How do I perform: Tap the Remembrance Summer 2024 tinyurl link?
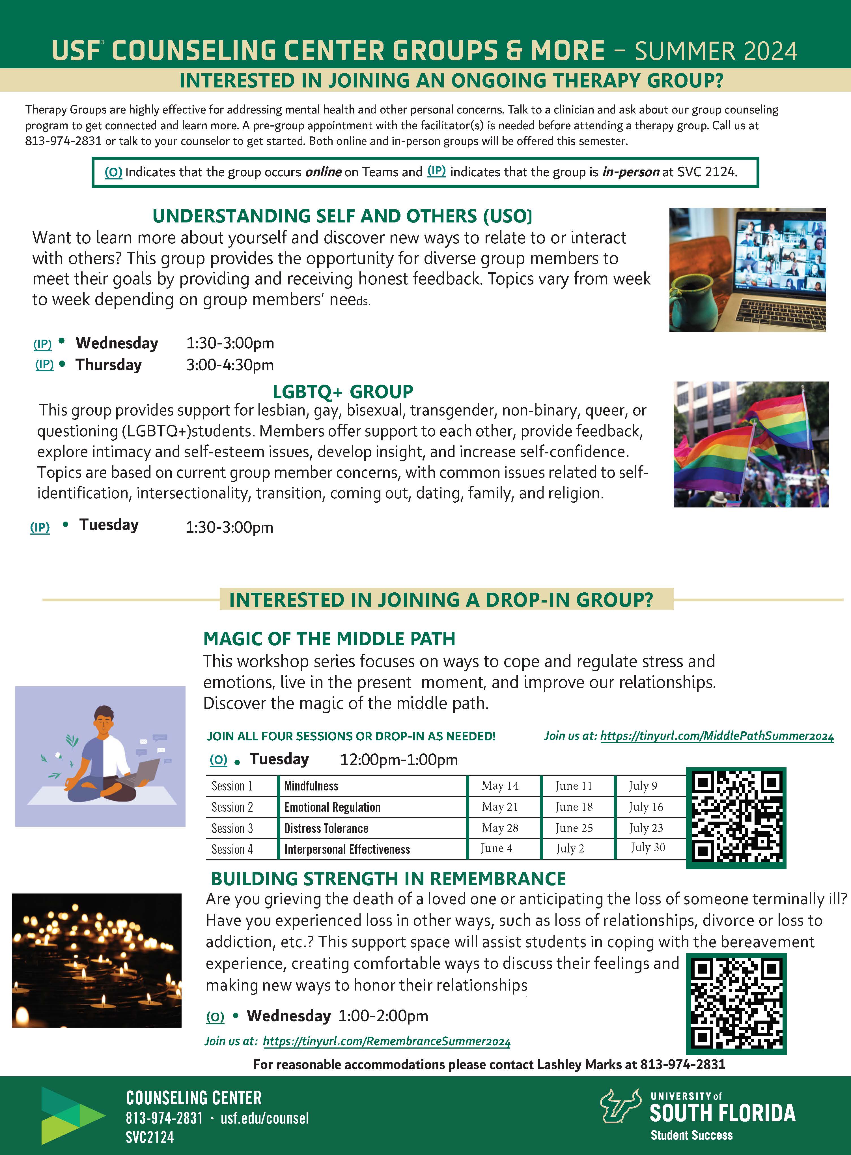[386, 1041]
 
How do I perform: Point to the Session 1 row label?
[232, 786]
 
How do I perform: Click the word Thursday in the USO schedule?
[109, 364]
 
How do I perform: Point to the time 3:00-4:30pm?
[230, 365]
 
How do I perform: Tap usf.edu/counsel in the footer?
[265, 1118]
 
